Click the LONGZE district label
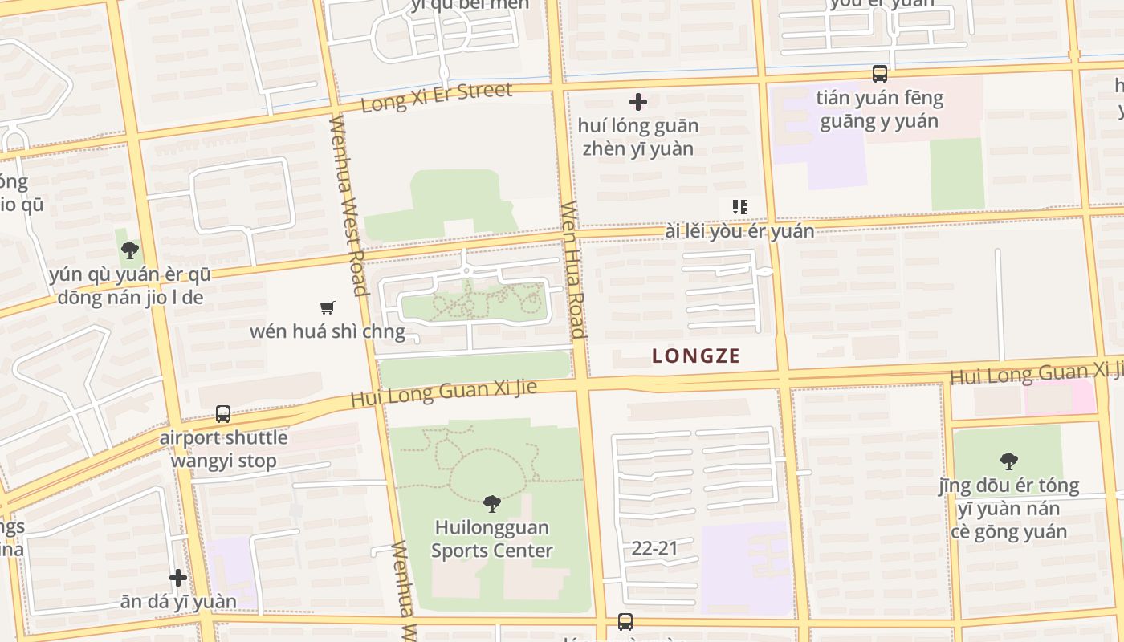coord(696,356)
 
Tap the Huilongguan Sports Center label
coord(492,538)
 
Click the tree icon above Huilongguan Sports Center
coord(492,504)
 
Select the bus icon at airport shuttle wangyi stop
coord(223,414)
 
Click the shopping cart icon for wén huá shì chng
coord(327,307)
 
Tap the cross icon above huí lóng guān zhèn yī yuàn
coord(638,102)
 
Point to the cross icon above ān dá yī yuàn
coord(178,578)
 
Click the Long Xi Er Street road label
coord(436,98)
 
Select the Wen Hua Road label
coord(572,269)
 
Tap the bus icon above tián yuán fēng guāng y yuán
coord(880,74)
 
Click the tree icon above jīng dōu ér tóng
coord(1009,461)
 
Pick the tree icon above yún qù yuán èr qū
coord(129,250)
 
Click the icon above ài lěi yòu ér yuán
coord(739,207)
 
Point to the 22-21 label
coord(654,548)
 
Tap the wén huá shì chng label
coord(328,331)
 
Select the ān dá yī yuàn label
coord(178,601)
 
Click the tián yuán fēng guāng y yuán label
coord(879,110)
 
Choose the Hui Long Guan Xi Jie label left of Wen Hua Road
coord(443,393)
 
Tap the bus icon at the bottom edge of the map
coord(625,621)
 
